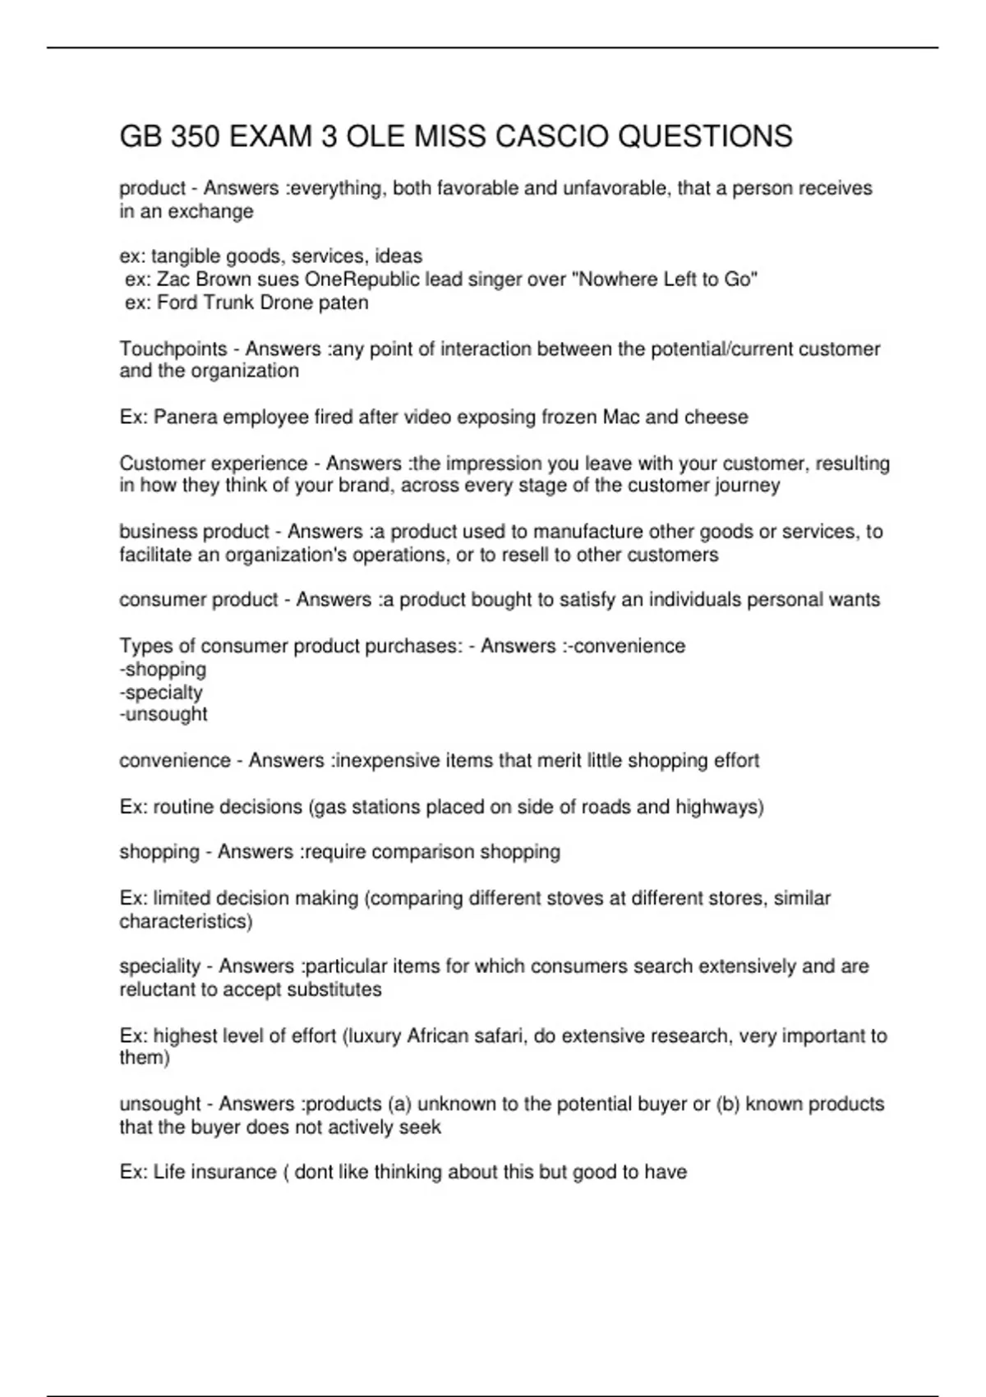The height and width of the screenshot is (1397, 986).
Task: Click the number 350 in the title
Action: pyautogui.click(x=195, y=136)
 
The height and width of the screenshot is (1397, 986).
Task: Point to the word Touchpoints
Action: pyautogui.click(x=173, y=349)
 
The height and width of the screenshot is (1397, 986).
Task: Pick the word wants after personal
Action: pyautogui.click(x=856, y=600)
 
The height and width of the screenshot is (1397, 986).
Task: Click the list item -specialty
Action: pyautogui.click(x=161, y=692)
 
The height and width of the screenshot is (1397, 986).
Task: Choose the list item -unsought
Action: pyautogui.click(x=164, y=714)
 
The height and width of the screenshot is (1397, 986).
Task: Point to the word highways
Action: pyautogui.click(x=719, y=807)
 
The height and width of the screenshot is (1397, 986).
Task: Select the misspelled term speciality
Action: pyautogui.click(x=160, y=966)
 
